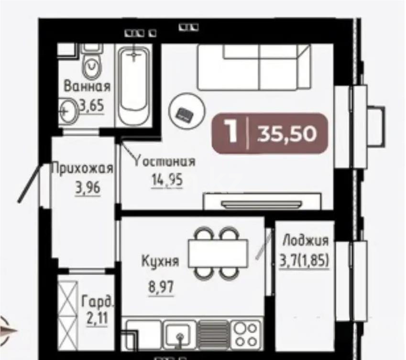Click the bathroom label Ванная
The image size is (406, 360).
tap(88, 87)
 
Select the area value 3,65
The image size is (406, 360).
tap(91, 106)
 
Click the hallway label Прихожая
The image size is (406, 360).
tap(82, 168)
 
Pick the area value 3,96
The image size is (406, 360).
tap(88, 189)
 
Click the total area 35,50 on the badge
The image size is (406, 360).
tap(287, 134)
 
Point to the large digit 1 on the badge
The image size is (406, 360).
tap(232, 131)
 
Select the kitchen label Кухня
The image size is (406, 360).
tap(160, 262)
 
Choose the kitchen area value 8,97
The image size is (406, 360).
tap(160, 288)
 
